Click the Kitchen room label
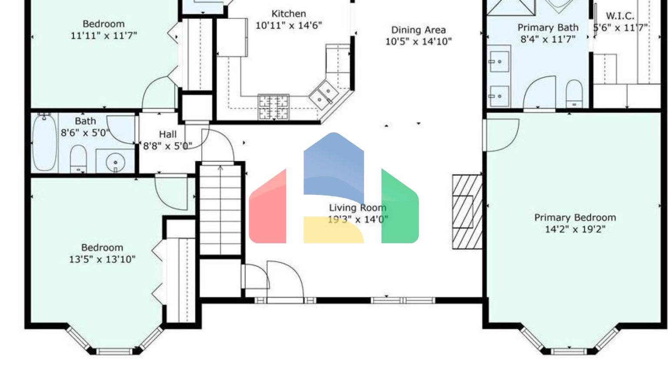(x=288, y=14)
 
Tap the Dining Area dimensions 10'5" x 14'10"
(x=418, y=42)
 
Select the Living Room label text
(x=357, y=208)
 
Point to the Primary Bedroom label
(x=574, y=218)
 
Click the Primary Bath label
(x=548, y=28)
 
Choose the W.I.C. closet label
(x=620, y=16)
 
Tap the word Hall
(x=167, y=134)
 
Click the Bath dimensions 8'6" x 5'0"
(x=85, y=133)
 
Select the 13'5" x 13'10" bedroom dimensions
(x=102, y=259)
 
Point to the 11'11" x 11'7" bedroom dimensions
(x=104, y=36)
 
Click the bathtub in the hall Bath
(x=44, y=142)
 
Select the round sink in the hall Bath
(x=115, y=162)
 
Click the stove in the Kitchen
(x=273, y=107)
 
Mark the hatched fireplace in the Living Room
(x=467, y=211)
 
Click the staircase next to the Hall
(x=220, y=209)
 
